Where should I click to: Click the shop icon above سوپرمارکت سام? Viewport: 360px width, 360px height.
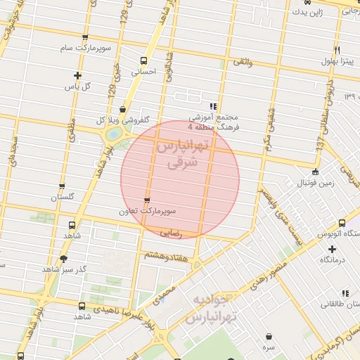click(85, 37)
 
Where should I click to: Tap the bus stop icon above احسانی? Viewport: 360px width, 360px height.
click(145, 60)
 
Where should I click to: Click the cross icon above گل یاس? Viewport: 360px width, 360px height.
click(77, 75)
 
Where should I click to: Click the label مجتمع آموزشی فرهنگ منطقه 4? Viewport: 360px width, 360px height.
click(214, 122)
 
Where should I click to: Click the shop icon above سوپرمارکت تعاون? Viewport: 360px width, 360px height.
click(146, 200)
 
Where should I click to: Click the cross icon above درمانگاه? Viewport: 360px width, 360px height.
click(332, 249)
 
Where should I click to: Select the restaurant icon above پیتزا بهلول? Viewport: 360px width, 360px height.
click(337, 51)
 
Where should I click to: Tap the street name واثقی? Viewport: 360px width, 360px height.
click(242, 63)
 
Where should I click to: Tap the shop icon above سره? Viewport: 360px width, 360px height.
click(269, 337)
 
